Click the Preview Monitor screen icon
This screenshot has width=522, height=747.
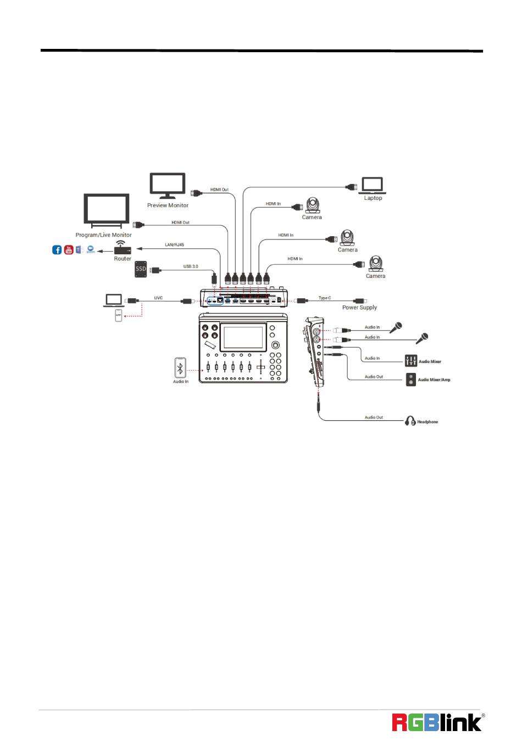(168, 185)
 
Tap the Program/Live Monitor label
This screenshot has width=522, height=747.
(103, 235)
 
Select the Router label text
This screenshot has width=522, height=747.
(123, 259)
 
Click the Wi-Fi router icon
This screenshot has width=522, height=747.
(122, 248)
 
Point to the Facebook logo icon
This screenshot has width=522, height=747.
(57, 250)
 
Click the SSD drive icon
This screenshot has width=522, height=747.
(141, 269)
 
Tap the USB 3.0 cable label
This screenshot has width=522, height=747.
(191, 266)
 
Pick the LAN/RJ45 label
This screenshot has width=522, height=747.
(174, 244)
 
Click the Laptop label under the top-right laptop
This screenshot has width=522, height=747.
(373, 198)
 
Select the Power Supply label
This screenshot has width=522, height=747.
(359, 308)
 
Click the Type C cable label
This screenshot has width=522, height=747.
(325, 298)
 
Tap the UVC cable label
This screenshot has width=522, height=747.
(158, 298)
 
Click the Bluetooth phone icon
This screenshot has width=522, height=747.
(180, 367)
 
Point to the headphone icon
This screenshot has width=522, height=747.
(410, 421)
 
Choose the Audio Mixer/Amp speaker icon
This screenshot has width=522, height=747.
(411, 380)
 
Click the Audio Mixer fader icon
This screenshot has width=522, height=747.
(411, 361)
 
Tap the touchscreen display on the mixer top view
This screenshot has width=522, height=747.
(243, 337)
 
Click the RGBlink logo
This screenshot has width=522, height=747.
(437, 722)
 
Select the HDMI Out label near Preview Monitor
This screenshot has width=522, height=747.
(219, 189)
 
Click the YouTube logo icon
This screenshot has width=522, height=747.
(69, 250)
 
